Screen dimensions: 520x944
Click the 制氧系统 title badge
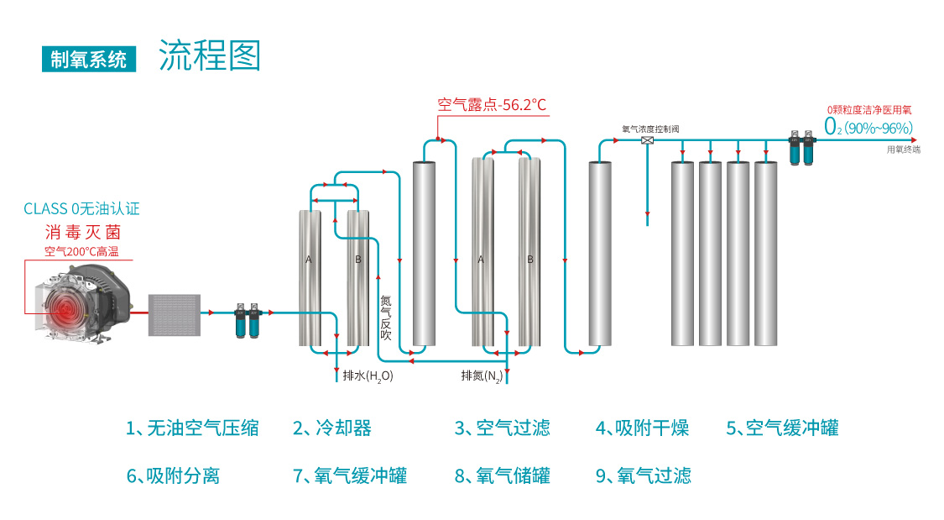(x=89, y=59)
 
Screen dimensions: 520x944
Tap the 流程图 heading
(x=210, y=55)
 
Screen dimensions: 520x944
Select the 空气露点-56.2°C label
(x=492, y=105)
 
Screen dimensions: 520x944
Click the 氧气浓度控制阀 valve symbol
(x=647, y=139)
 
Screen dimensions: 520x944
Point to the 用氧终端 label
(x=903, y=150)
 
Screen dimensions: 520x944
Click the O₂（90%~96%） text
(x=868, y=128)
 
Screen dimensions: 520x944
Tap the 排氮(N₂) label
(x=482, y=376)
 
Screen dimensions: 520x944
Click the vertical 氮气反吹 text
(x=386, y=317)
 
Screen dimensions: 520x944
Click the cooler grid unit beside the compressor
(x=174, y=313)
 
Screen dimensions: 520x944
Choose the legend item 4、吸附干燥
(x=642, y=428)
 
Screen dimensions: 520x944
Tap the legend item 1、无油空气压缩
(x=192, y=428)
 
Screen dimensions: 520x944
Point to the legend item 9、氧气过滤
(x=643, y=475)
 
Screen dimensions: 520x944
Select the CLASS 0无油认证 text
(x=81, y=208)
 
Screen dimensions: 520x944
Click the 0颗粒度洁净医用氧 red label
(x=869, y=109)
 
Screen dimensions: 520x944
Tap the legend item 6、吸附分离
(x=173, y=475)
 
